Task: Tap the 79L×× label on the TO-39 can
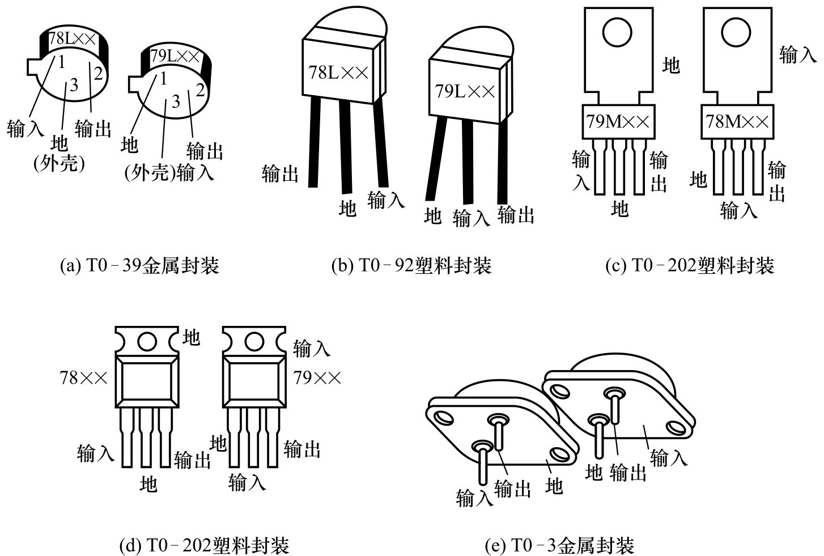175,56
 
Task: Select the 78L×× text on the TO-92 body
338,73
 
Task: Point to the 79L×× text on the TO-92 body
465,91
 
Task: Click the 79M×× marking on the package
619,121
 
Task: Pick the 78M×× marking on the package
737,121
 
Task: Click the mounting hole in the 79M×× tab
617,32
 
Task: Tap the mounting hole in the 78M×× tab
736,32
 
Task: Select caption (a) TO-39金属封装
139,265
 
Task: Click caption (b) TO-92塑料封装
411,265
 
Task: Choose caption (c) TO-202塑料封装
690,265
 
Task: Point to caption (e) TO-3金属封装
560,545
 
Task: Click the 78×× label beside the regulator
84,377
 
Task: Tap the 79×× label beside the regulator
317,377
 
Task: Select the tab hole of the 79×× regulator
253,341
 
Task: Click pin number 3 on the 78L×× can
74,86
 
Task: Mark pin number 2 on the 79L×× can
199,90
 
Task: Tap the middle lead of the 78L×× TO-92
346,147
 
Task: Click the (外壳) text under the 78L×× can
59,164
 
